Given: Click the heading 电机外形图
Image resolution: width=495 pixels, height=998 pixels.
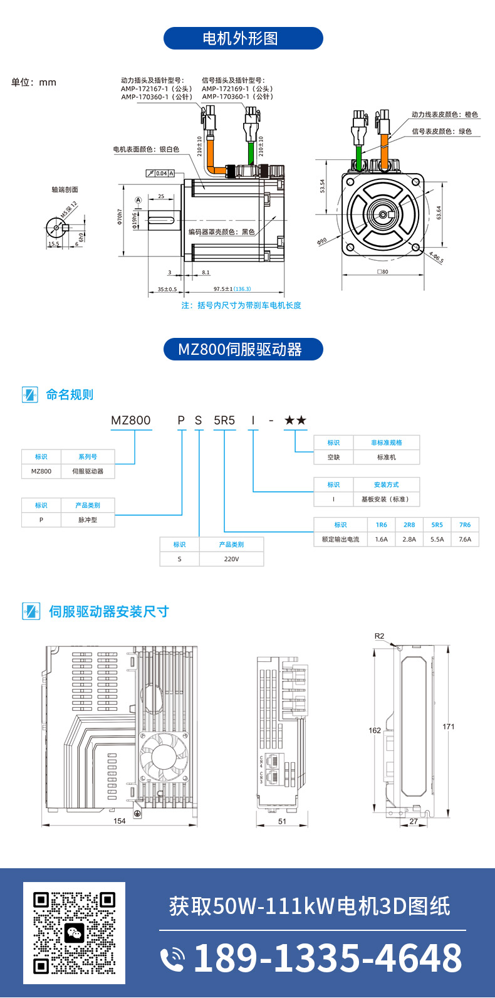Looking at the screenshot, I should [243, 38].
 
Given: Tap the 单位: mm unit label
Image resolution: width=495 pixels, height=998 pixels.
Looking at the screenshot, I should [34, 82].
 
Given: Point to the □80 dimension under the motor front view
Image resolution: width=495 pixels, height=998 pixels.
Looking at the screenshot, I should [382, 272].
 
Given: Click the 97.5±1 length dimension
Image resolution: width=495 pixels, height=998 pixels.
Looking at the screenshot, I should [223, 289].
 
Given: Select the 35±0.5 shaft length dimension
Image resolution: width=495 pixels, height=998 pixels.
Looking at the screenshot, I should [167, 289].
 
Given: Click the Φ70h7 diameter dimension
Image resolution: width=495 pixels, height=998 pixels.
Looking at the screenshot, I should [119, 216].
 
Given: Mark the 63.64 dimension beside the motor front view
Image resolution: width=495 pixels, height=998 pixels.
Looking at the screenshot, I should [439, 213].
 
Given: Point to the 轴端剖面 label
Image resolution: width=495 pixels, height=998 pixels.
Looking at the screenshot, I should [65, 189].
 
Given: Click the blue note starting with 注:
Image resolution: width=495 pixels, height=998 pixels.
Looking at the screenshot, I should [241, 305].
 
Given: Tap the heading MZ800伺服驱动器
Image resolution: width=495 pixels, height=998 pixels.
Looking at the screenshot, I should [243, 349].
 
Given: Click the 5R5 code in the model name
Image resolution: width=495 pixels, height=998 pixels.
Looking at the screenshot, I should [224, 420].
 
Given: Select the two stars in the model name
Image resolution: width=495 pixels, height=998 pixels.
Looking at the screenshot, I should [295, 420].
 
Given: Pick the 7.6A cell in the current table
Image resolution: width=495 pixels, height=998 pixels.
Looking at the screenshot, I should [465, 539].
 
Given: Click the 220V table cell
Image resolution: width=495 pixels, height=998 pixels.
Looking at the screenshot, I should [231, 559].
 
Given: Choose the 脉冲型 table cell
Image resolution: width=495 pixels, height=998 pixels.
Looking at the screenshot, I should [88, 520].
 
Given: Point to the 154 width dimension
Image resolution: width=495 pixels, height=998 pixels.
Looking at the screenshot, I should [120, 821].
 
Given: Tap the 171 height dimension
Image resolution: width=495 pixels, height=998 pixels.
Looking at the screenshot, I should [448, 727].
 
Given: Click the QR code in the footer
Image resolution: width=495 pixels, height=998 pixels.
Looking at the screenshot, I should [74, 933].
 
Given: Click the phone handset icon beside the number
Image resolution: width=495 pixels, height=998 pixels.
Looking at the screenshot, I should [172, 959].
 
